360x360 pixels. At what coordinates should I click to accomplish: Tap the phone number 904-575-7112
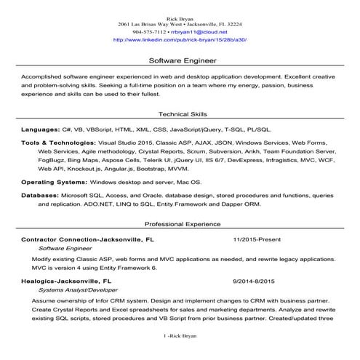click(149, 32)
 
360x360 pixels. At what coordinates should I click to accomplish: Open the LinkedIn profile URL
click(180, 40)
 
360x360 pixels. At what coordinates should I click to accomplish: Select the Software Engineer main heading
click(180, 61)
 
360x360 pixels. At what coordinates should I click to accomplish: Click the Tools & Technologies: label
click(59, 143)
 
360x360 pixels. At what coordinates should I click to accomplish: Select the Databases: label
click(44, 196)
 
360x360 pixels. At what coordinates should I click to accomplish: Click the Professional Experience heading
click(182, 224)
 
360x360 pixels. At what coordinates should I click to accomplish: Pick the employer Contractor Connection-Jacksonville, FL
click(87, 239)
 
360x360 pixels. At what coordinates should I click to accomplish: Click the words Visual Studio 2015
click(124, 143)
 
